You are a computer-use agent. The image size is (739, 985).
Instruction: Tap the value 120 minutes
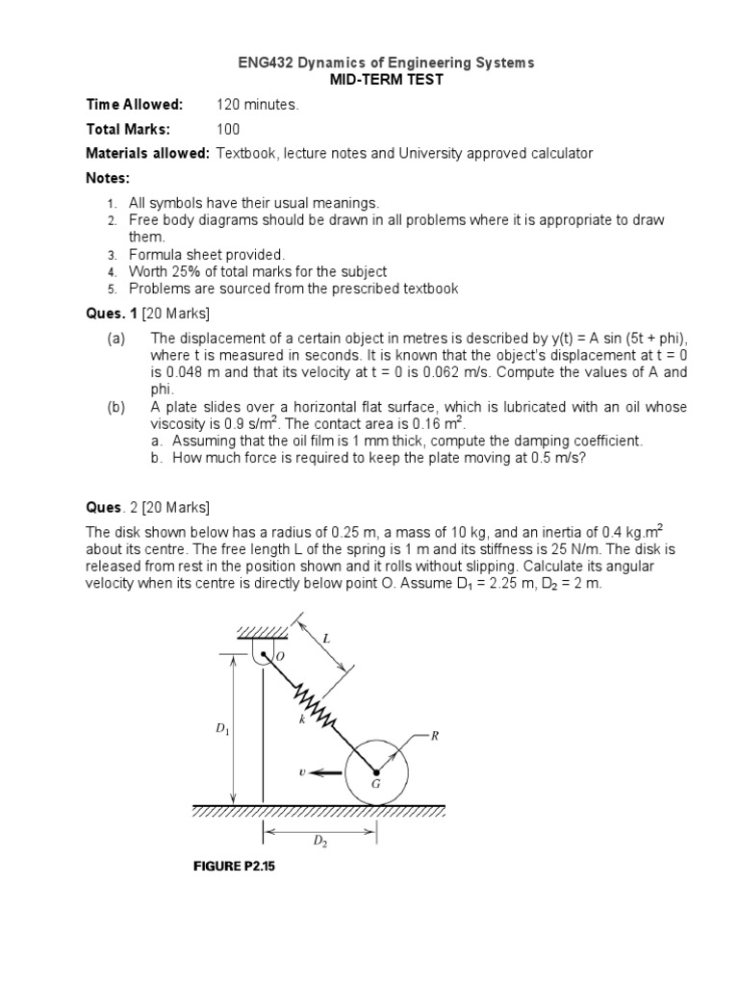258,105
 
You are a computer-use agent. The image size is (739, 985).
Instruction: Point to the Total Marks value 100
228,129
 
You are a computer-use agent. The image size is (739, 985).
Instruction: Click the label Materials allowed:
147,153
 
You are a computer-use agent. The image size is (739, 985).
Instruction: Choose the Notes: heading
107,178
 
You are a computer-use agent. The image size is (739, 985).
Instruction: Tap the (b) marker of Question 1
115,407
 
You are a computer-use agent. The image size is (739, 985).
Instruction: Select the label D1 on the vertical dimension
222,729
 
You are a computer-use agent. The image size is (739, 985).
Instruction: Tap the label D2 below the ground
319,840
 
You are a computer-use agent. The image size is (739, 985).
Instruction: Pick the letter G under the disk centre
376,784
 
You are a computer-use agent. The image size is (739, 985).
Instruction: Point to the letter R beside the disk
434,736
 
